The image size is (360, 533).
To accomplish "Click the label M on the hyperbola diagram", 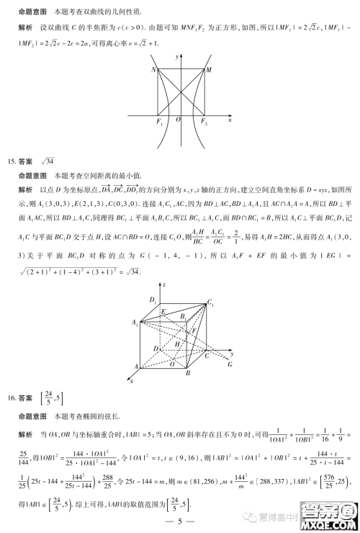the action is pos(209,70).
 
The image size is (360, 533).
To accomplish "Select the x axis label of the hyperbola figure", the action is pos(229,120).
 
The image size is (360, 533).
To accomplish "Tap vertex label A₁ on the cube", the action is pos(135,323).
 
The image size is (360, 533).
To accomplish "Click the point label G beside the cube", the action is pos(230,364).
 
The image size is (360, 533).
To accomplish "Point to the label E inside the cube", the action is pos(163,311).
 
